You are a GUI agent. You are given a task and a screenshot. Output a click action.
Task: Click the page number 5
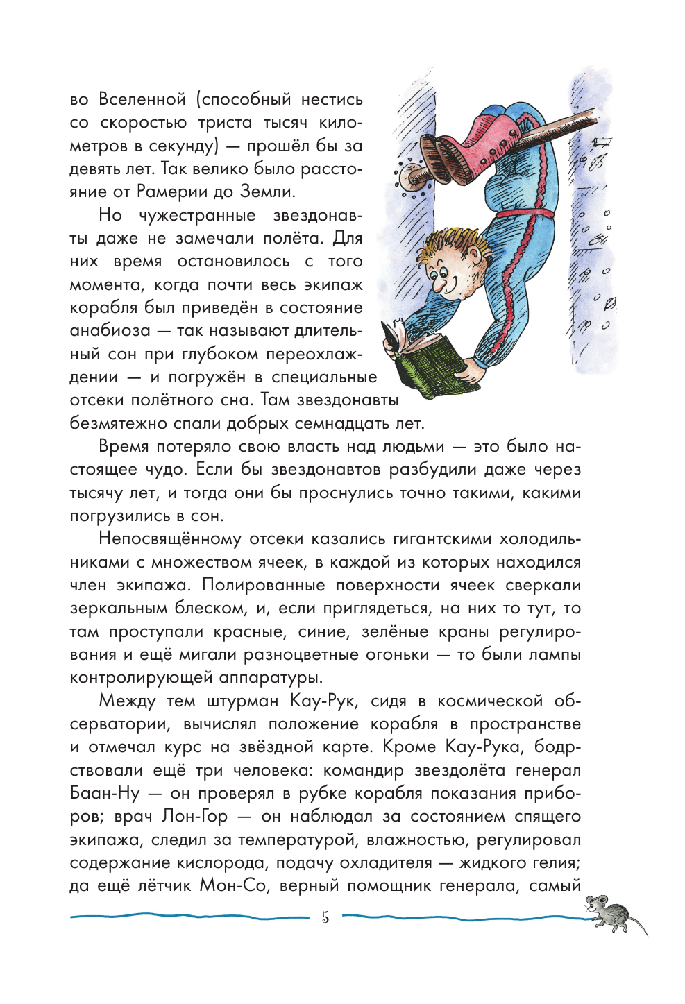click(x=325, y=917)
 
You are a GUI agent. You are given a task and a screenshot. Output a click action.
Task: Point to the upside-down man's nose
click(x=439, y=283)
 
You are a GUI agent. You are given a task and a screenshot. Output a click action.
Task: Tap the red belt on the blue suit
click(x=527, y=213)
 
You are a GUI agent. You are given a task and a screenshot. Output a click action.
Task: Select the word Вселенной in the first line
click(x=142, y=99)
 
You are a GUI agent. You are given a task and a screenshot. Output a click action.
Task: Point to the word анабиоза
click(x=110, y=331)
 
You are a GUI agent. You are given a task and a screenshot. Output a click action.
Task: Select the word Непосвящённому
click(x=169, y=539)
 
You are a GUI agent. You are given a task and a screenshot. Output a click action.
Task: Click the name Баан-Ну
click(x=104, y=793)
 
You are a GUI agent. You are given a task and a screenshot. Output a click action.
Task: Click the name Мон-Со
click(x=233, y=886)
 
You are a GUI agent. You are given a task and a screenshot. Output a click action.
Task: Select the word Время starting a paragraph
click(x=127, y=446)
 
